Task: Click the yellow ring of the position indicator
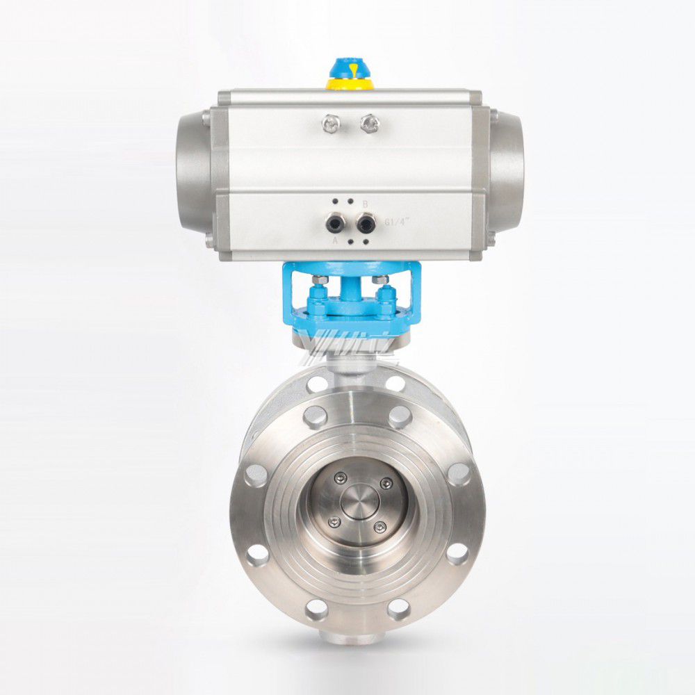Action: click(350, 84)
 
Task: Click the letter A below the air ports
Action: click(334, 240)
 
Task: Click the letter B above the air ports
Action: click(366, 204)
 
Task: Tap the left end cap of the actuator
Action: click(192, 171)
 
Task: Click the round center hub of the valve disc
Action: click(359, 501)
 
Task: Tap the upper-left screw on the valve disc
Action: click(339, 477)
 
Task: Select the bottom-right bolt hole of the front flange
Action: click(399, 609)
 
